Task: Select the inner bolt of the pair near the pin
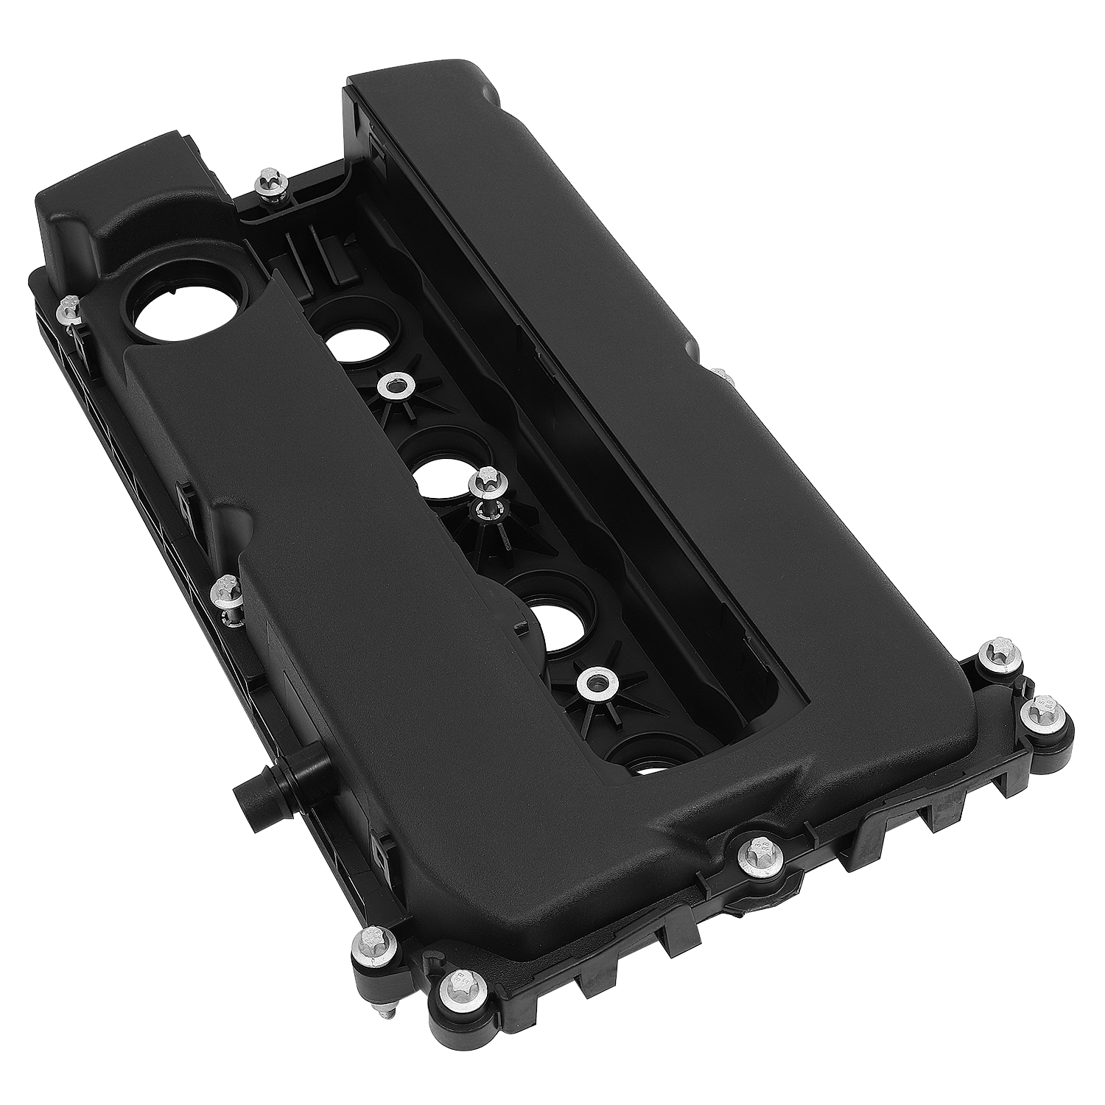click(365, 944)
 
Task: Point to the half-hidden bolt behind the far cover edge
click(723, 377)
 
